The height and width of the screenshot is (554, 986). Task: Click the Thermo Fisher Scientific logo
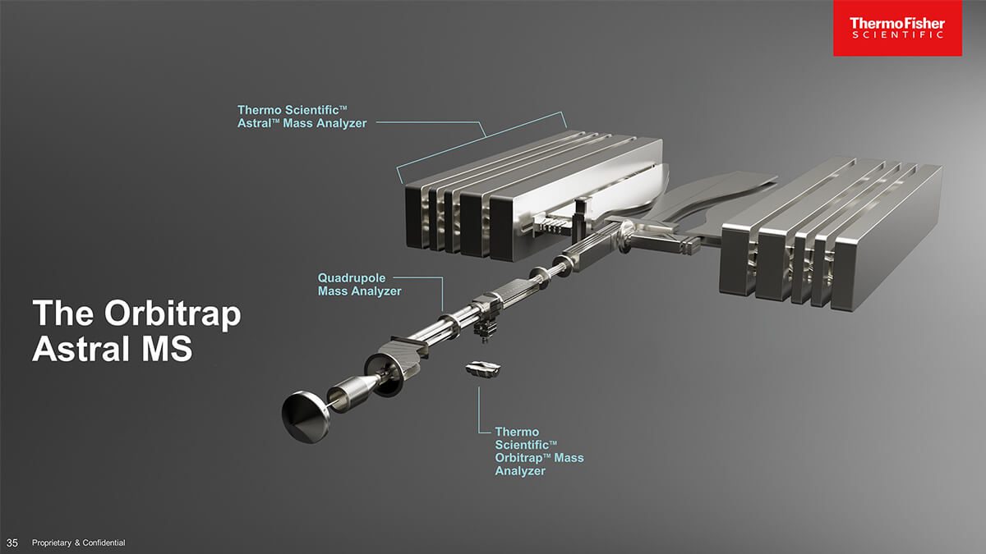coord(897,28)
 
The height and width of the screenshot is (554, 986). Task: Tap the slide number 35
coord(12,543)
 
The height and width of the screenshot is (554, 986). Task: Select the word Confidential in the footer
coord(100,543)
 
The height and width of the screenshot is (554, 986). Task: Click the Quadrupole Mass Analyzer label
coord(360,285)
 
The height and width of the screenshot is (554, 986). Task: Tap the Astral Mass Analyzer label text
coord(302,116)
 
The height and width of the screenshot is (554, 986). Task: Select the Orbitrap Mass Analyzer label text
coord(538,451)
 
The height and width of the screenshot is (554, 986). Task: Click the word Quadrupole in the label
coord(352,278)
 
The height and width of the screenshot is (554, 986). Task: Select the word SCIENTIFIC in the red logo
coord(897,35)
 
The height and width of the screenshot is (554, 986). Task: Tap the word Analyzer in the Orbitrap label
coord(519,471)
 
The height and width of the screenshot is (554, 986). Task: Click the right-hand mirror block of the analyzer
coord(830,238)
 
